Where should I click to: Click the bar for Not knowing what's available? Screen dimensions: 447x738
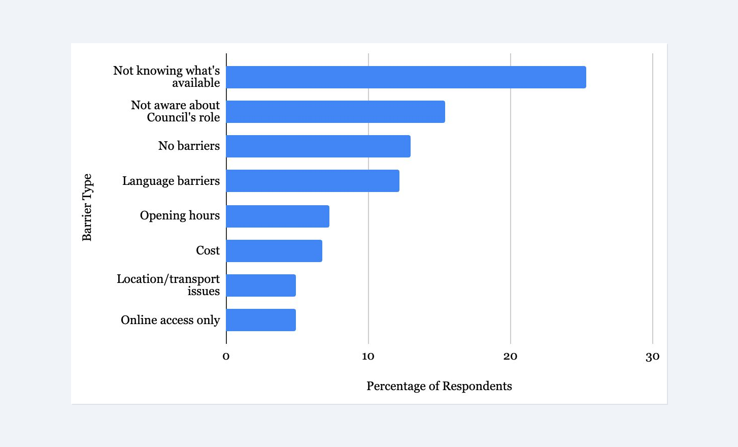pos(406,77)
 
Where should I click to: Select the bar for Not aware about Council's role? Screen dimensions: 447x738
pos(336,112)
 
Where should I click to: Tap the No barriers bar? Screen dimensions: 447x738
pos(318,146)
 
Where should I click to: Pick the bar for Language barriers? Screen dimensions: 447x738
pos(313,181)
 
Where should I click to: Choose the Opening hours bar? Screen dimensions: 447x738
pos(278,216)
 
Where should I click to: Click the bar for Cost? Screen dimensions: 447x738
pos(274,251)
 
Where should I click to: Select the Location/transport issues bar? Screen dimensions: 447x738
pos(261,285)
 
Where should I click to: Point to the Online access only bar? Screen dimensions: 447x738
pos(261,320)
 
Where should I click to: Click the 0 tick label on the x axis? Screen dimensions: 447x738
pos(226,357)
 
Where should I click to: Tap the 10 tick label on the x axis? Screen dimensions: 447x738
pos(368,357)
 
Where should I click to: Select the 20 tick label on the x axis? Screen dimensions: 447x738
pos(510,357)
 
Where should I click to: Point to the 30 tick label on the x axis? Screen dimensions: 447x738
pos(652,357)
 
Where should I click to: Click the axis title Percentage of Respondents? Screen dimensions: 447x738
pos(439,386)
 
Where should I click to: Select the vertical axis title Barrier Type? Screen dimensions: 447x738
pos(87,207)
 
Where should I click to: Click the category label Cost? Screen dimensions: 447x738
pos(208,250)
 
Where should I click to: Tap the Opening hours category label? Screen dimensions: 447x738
pos(180,215)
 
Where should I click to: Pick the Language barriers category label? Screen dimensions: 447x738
pos(171,181)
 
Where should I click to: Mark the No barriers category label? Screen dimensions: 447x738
pos(189,146)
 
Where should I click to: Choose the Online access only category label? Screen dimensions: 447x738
pos(170,320)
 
